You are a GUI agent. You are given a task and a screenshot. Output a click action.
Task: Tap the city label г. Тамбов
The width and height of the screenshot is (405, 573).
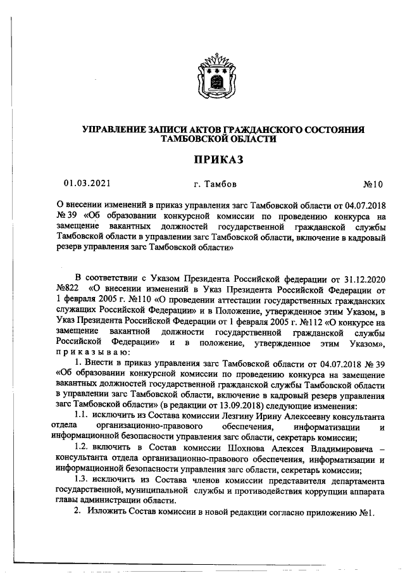point(216,184)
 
